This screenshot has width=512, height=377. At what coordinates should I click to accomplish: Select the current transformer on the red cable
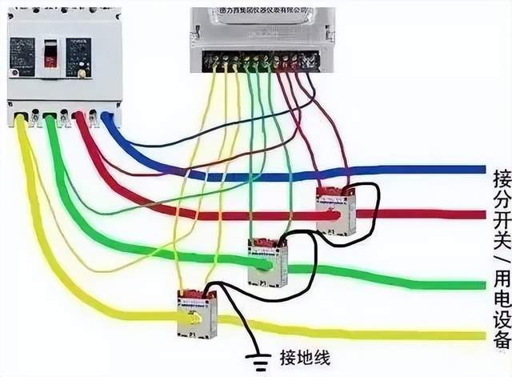click(336, 211)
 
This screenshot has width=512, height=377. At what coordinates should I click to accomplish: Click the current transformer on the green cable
click(268, 262)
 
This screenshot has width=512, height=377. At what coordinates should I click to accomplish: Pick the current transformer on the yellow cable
click(197, 313)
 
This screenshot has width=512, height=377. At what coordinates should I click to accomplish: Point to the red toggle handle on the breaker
click(50, 54)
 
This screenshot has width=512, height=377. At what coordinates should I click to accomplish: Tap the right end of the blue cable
click(482, 170)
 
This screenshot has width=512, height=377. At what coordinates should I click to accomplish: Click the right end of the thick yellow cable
click(482, 335)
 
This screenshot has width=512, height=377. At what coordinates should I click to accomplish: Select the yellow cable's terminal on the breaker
click(22, 120)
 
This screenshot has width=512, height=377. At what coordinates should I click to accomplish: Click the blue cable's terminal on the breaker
click(106, 118)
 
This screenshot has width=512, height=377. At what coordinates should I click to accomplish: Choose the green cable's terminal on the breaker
click(50, 120)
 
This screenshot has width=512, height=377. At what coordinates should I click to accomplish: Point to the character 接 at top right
click(501, 178)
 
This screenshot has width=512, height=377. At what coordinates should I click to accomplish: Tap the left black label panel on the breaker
click(22, 56)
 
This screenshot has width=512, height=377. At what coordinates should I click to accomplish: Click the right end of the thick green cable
click(482, 284)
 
